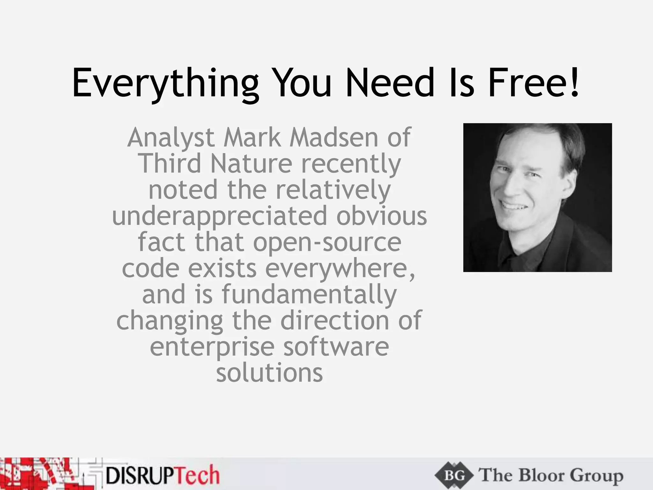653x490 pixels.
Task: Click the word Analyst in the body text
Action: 171,138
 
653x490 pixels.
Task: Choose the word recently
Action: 351,164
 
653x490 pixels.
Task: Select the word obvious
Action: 381,216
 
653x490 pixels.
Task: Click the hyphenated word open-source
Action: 327,242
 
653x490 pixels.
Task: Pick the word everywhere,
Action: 340,269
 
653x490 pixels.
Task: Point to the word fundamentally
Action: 309,294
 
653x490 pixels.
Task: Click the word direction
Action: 334,320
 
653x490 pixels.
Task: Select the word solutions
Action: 269,373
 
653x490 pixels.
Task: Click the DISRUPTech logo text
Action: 163,475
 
